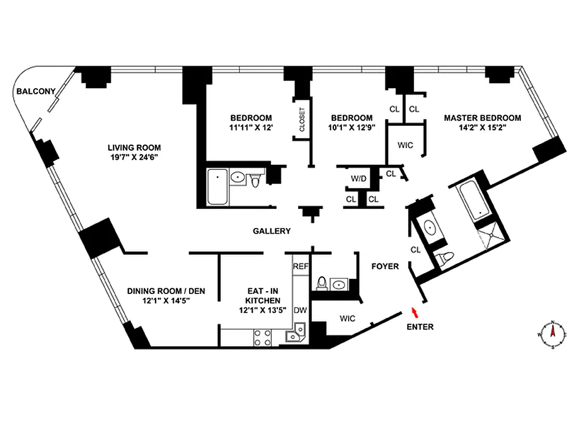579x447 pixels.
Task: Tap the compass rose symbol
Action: pyautogui.click(x=552, y=334)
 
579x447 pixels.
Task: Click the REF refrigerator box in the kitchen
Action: pyautogui.click(x=301, y=267)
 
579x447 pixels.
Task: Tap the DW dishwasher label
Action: pyautogui.click(x=301, y=310)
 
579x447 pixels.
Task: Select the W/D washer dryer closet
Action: pyautogui.click(x=359, y=179)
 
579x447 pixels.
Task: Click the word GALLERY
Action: pyautogui.click(x=272, y=231)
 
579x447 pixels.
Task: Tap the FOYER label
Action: pyautogui.click(x=385, y=266)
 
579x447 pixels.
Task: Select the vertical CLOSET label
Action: pyautogui.click(x=302, y=120)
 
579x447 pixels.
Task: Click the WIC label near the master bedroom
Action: pyautogui.click(x=405, y=145)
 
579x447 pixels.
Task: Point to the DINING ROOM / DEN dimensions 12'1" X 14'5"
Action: pyautogui.click(x=166, y=300)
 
